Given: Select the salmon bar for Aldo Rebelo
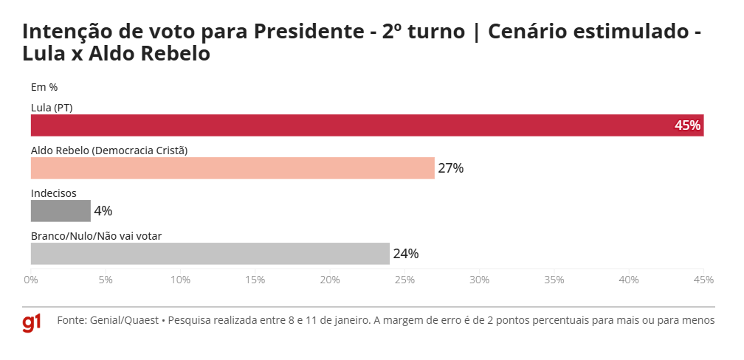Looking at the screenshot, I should coord(232,168).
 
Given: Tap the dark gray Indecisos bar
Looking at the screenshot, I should coord(61,211).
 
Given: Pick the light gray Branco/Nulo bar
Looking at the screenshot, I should coord(210,254).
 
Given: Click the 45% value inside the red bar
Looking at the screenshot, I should coord(687,125).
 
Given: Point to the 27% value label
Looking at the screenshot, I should coord(450,168).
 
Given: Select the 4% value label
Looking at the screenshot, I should coord(103,211).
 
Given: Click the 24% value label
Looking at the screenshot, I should coord(405,254).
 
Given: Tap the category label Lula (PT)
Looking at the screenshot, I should coord(52,108).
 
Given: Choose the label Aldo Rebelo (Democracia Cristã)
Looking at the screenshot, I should coord(109,150).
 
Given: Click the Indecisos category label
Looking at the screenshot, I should coord(54,193).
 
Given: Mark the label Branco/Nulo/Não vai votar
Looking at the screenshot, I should coord(96,236).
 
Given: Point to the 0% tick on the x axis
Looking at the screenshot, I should coord(31,280).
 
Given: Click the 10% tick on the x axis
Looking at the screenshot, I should coord(180,280).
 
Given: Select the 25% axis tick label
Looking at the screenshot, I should coord(404,280).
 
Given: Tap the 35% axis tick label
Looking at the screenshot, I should coord(554,280).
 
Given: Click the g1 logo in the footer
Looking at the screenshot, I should coord(32,322).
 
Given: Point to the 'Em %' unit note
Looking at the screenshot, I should coord(44,87).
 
